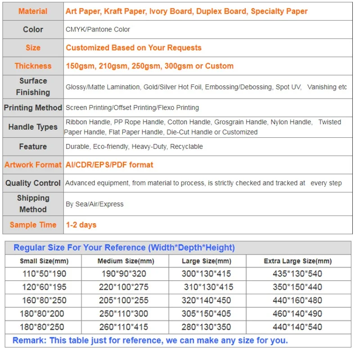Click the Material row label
click(33, 11)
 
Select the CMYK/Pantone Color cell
click(98, 29)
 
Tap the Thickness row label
click(33, 66)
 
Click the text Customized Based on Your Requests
click(134, 48)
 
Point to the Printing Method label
click(33, 108)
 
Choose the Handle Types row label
click(33, 127)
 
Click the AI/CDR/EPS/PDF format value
click(109, 165)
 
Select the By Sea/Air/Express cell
click(94, 204)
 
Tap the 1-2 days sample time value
click(81, 225)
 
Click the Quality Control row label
click(33, 183)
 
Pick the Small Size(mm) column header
click(44, 261)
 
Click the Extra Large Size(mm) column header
click(297, 261)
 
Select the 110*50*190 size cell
click(44, 274)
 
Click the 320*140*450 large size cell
click(207, 300)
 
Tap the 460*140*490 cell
click(297, 314)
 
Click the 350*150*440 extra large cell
click(297, 287)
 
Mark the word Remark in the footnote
click(29, 341)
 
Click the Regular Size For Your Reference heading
click(124, 247)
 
